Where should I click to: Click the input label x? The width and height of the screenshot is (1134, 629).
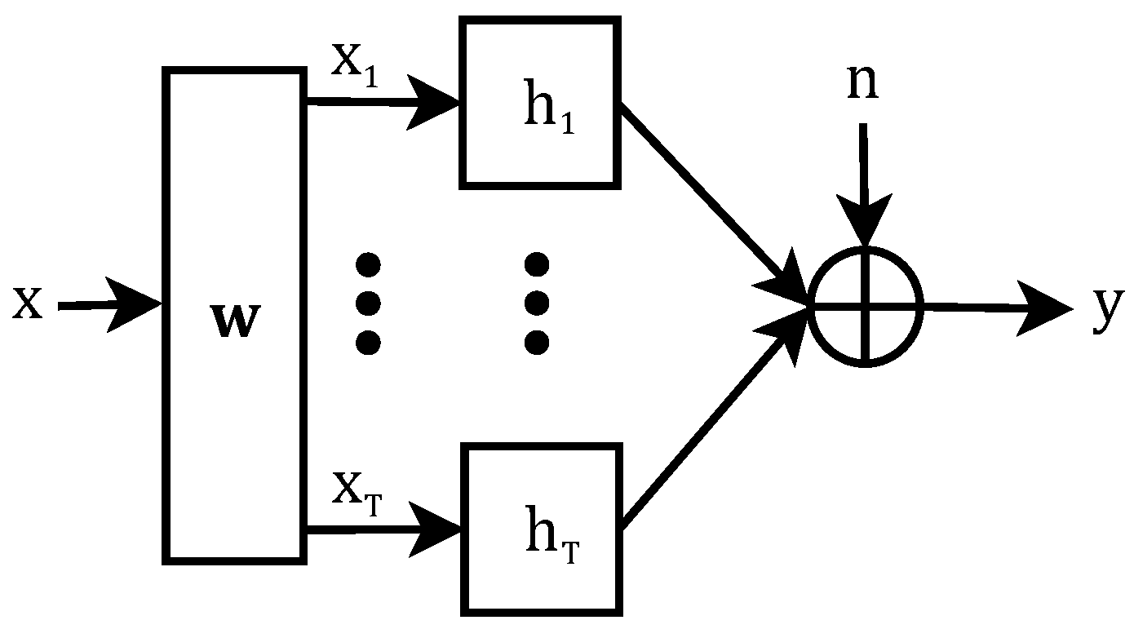[x=27, y=303]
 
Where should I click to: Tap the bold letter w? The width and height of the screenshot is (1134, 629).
[x=235, y=322]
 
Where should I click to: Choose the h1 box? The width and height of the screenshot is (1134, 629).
[x=539, y=103]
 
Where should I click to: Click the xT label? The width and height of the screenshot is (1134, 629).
[x=355, y=493]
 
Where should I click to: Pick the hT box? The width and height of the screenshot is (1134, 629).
[x=539, y=529]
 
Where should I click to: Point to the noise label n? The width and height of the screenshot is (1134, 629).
[x=862, y=82]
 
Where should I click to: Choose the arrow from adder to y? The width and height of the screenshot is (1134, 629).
[x=995, y=308]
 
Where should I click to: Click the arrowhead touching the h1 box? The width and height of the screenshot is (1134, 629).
[x=441, y=104]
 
